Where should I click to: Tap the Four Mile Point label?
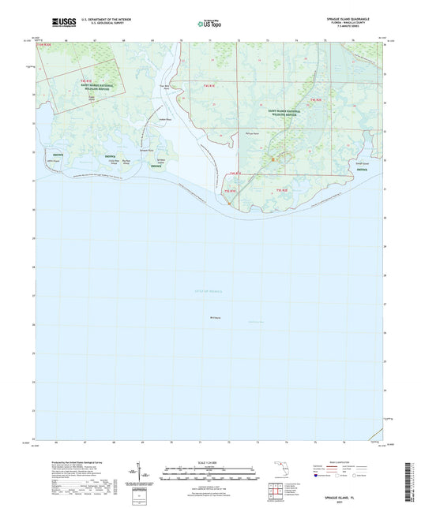tap(164, 88)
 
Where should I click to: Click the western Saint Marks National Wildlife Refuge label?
tap(91, 88)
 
